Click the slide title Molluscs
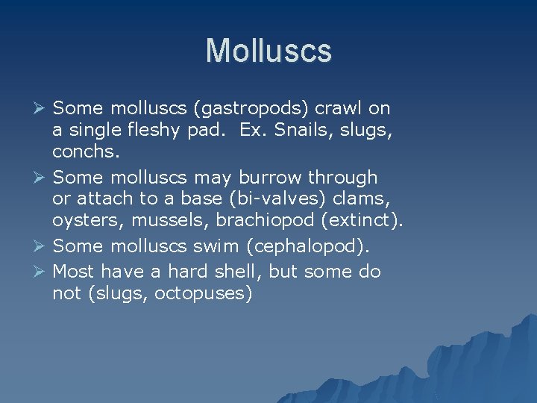coord(268,51)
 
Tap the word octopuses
coord(203,293)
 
